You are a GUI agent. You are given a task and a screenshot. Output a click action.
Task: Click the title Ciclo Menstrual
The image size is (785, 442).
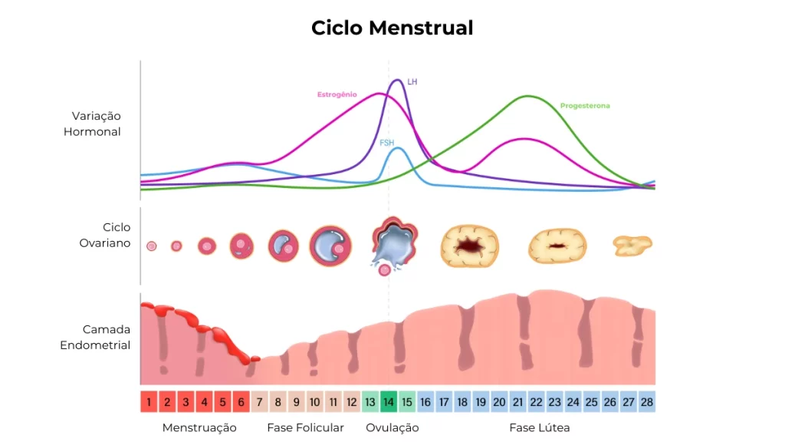tap(392, 28)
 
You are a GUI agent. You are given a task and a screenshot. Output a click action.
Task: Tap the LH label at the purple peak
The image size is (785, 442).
tap(412, 81)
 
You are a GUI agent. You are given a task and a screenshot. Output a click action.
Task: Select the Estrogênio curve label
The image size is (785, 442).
tap(337, 94)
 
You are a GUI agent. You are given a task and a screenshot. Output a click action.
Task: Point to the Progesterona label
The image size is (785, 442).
tap(585, 106)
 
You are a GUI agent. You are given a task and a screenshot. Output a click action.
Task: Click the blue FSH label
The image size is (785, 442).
tap(387, 143)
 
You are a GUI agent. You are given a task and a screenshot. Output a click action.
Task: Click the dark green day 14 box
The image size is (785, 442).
tap(389, 401)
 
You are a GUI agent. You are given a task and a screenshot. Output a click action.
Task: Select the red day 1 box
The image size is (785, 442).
tap(149, 401)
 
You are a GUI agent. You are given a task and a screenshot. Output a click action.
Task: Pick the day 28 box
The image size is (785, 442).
tap(646, 401)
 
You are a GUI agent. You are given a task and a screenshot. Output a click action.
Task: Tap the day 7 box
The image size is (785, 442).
tap(259, 401)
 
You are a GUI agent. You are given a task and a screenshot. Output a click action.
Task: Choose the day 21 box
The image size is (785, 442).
tap(517, 401)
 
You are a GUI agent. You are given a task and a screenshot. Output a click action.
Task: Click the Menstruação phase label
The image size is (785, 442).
tap(199, 427)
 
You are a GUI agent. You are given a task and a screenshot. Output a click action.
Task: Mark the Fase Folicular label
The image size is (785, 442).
tap(305, 427)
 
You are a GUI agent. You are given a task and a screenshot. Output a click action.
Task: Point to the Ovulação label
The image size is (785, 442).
tap(392, 427)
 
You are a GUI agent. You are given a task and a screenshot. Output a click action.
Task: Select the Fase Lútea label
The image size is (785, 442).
tap(540, 427)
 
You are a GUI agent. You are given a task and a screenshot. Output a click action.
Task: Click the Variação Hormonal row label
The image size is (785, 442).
tap(96, 124)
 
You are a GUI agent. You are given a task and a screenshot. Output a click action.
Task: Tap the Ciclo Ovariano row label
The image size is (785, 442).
tap(106, 235)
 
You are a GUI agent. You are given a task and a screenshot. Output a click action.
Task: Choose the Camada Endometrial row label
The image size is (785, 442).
tap(96, 337)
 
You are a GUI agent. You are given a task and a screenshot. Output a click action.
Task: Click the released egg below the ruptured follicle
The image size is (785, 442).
tap(384, 269)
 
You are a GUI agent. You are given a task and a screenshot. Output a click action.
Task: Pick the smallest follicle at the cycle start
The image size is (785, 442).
tap(152, 246)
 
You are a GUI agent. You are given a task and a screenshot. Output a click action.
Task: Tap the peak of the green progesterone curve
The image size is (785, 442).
tap(527, 96)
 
